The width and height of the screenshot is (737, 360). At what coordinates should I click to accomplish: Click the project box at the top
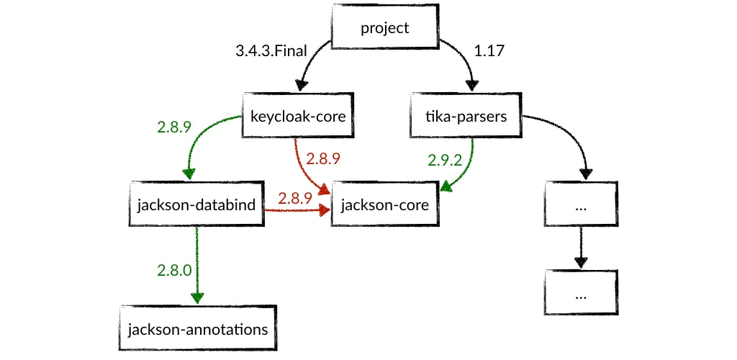click(x=384, y=29)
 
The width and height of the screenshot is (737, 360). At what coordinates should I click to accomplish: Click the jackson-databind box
click(x=196, y=204)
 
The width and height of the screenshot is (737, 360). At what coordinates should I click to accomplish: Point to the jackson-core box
click(x=384, y=204)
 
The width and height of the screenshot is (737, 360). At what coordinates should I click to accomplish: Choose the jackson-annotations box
click(x=197, y=330)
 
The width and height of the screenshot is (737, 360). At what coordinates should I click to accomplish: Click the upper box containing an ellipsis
click(x=582, y=204)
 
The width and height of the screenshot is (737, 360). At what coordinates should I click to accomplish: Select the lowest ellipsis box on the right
click(x=582, y=294)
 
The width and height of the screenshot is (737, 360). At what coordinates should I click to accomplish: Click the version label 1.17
click(x=489, y=52)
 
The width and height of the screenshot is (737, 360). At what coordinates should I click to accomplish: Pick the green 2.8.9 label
click(x=173, y=127)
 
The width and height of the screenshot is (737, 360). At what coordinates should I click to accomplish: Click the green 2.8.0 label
click(x=173, y=271)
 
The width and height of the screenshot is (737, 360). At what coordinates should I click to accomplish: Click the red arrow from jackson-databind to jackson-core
click(x=295, y=210)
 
